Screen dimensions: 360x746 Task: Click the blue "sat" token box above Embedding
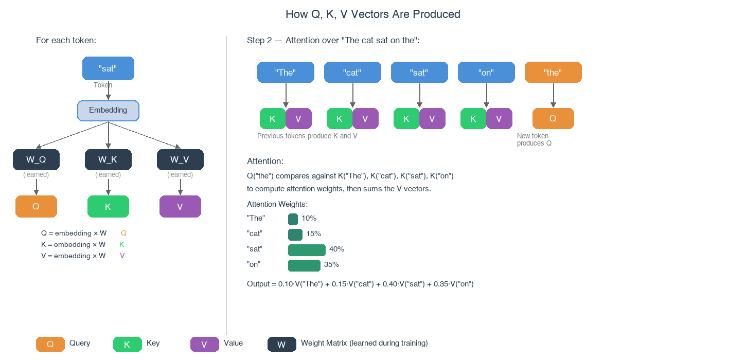[x=108, y=68]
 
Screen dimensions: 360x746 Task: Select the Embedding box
[x=108, y=111]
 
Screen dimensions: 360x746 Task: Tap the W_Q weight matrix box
[x=36, y=159]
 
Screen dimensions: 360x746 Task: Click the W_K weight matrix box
[x=108, y=159]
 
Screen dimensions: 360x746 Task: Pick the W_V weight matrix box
[x=180, y=159]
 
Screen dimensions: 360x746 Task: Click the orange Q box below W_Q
[x=36, y=207]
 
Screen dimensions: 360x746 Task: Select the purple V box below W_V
[x=180, y=207]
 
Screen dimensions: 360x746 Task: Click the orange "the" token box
[x=553, y=73]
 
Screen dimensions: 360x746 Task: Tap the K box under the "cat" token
[x=340, y=119]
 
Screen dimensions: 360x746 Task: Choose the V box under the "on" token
[x=499, y=119]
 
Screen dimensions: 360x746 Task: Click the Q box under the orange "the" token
[x=553, y=119]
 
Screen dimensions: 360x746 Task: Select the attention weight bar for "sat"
[x=307, y=250]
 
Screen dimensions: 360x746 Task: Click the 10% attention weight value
[x=309, y=219]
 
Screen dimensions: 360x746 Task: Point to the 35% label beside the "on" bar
[x=331, y=265]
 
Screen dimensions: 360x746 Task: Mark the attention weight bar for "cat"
[x=295, y=235]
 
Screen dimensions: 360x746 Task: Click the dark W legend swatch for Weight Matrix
[x=281, y=344]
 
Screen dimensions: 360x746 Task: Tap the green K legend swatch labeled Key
[x=127, y=344]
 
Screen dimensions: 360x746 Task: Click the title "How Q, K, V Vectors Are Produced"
[x=373, y=14]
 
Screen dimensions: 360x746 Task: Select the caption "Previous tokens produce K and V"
[x=307, y=136]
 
